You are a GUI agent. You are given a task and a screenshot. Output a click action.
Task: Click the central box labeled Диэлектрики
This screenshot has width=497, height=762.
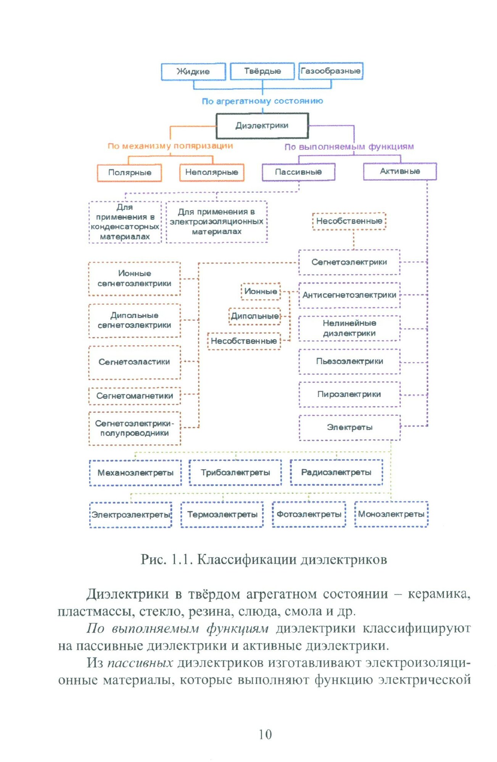(x=262, y=126)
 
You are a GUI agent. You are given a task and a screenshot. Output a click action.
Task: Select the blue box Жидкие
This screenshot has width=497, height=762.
(x=193, y=72)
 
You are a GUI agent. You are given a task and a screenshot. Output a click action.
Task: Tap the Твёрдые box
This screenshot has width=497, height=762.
(x=262, y=71)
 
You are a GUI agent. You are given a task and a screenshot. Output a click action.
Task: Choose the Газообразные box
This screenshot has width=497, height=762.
(x=330, y=71)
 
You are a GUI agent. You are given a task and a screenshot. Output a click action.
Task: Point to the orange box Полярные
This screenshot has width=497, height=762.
(x=130, y=173)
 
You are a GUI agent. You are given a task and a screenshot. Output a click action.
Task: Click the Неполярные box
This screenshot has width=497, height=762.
(x=212, y=172)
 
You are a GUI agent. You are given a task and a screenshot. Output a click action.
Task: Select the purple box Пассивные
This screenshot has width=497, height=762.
(x=298, y=172)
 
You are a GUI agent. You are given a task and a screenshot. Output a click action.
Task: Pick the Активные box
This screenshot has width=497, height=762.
(x=400, y=171)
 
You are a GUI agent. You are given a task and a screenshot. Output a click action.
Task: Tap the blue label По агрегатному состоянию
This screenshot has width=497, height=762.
(x=262, y=101)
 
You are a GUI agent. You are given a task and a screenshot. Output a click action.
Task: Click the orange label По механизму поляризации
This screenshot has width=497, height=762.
(x=170, y=146)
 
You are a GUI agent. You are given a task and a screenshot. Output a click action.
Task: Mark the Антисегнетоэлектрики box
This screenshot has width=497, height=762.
(x=349, y=295)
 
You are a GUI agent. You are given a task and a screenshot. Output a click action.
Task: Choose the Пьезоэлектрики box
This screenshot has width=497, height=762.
(x=349, y=361)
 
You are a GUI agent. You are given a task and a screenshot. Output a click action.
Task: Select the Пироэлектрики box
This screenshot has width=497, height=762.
(x=349, y=394)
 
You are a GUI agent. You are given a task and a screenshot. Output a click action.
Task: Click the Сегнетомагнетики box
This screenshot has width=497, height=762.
(x=135, y=396)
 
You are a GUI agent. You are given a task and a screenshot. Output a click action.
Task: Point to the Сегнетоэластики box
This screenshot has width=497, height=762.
(x=134, y=362)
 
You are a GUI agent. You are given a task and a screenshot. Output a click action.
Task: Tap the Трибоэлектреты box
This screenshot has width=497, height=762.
(x=235, y=472)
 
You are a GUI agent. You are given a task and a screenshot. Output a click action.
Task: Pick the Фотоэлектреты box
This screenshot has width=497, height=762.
(x=309, y=514)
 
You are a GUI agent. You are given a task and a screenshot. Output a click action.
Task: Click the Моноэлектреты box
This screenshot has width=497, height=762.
(x=391, y=514)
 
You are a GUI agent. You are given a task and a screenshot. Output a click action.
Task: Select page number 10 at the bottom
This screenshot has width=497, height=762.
(x=265, y=734)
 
